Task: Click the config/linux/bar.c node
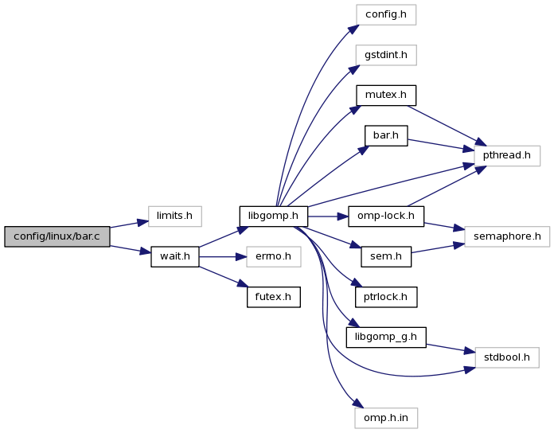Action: [x=57, y=236]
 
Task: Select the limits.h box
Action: [x=174, y=216]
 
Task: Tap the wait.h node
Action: [x=174, y=256]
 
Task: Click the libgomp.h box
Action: [x=273, y=216]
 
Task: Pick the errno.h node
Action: [x=273, y=256]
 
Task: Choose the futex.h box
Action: [x=273, y=297]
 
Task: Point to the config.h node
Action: [x=385, y=14]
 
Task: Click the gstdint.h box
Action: [x=385, y=55]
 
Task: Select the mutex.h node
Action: [x=385, y=96]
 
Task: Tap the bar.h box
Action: [x=385, y=135]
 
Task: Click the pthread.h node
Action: [x=507, y=154]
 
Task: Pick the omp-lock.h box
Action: [x=385, y=216]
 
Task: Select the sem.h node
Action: [x=385, y=256]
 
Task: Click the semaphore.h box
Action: [x=507, y=236]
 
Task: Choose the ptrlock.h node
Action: [x=385, y=297]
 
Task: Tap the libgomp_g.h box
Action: [x=385, y=337]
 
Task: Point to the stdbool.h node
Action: [x=507, y=357]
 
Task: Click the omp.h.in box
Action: [x=385, y=417]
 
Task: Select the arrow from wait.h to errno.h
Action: [x=222, y=256]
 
